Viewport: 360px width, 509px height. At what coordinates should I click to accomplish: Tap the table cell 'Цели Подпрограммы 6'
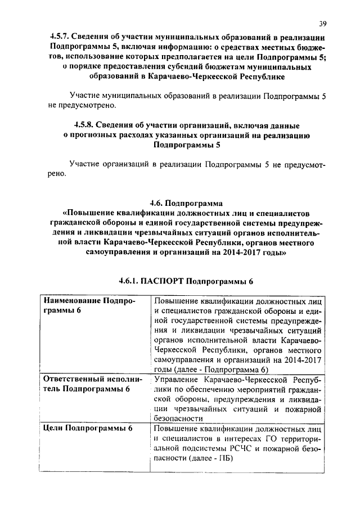(x=88, y=429)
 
